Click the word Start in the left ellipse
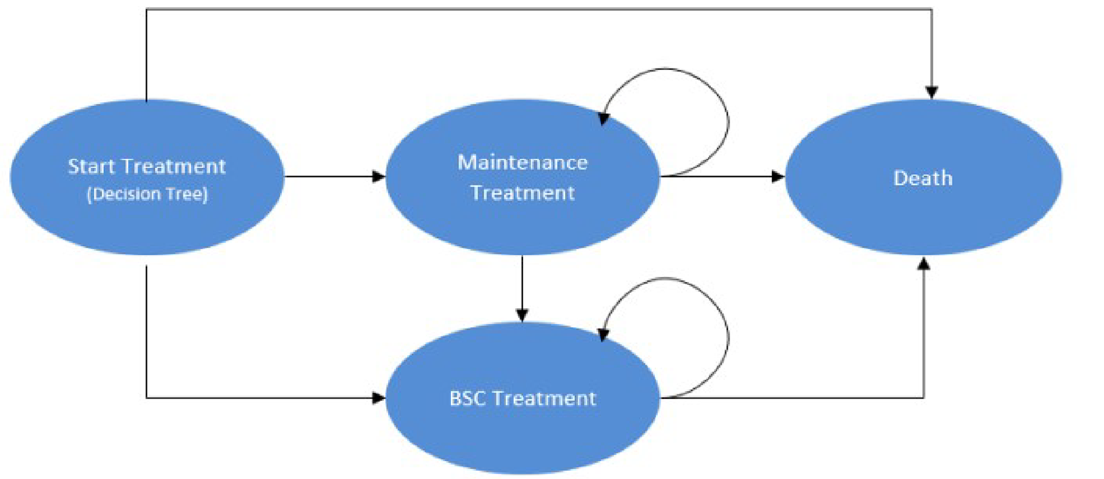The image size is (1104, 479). click(x=90, y=167)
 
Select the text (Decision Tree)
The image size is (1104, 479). click(x=147, y=195)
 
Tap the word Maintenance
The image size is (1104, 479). click(x=522, y=162)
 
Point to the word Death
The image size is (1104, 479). click(x=923, y=177)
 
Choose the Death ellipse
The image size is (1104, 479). click(x=923, y=216)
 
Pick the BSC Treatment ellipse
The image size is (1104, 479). click(x=522, y=433)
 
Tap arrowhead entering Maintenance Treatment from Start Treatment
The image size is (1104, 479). click(x=378, y=176)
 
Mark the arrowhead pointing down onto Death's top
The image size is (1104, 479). click(x=932, y=92)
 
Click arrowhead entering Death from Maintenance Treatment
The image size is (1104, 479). click(x=778, y=176)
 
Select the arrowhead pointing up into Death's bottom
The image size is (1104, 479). click(x=923, y=264)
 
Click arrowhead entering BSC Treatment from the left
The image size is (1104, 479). click(x=378, y=397)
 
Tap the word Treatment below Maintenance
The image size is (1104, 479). click(x=522, y=193)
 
